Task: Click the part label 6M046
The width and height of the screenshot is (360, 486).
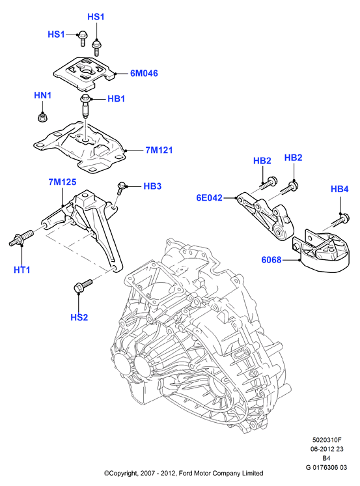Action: point(144,73)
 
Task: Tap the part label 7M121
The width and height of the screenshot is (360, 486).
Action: point(159,150)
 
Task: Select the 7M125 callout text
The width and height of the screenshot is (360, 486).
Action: point(62,182)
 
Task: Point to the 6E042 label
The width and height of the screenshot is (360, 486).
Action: point(210,197)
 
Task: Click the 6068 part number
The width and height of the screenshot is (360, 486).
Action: point(271,260)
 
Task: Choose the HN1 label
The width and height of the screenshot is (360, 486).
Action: point(43,95)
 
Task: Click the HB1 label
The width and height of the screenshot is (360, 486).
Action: point(116,99)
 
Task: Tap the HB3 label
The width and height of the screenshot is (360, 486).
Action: point(152,186)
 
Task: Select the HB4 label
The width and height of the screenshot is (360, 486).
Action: point(340,189)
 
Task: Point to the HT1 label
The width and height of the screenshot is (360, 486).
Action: point(22,270)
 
